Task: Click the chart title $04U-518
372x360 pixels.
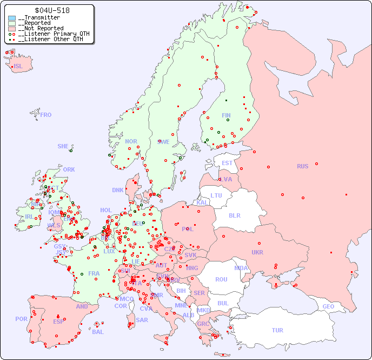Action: [x=52, y=10]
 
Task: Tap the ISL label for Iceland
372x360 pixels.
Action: [x=18, y=67]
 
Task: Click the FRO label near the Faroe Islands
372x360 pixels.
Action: [x=46, y=115]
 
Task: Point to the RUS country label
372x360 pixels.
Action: [x=302, y=166]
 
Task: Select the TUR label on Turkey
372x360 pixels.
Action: [x=277, y=330]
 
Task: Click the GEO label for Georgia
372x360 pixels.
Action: [x=328, y=306]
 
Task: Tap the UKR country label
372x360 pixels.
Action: [x=257, y=252]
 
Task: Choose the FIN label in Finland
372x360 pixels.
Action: [x=226, y=115]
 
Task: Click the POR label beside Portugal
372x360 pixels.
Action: [x=21, y=319]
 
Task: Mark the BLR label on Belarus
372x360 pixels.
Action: [x=234, y=215]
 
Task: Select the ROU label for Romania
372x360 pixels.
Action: [x=221, y=279]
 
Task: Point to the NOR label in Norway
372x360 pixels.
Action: [x=131, y=141]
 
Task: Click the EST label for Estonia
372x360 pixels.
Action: [x=227, y=163]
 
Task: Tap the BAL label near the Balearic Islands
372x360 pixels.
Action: [x=98, y=332]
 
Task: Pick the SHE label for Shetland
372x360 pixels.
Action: [x=63, y=146]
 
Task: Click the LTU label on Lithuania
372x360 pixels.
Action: [x=216, y=195]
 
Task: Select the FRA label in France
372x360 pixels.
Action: [x=94, y=273]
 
